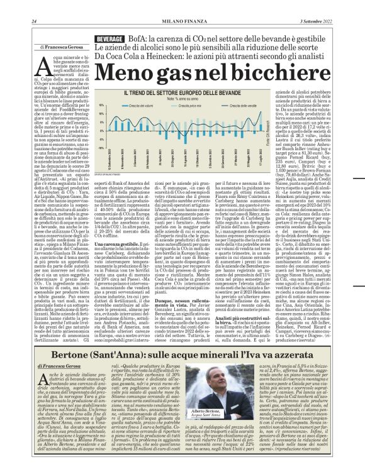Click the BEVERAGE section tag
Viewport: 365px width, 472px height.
click(108, 39)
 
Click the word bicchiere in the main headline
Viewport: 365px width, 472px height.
click(259, 75)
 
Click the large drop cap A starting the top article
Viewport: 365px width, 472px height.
click(41, 68)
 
